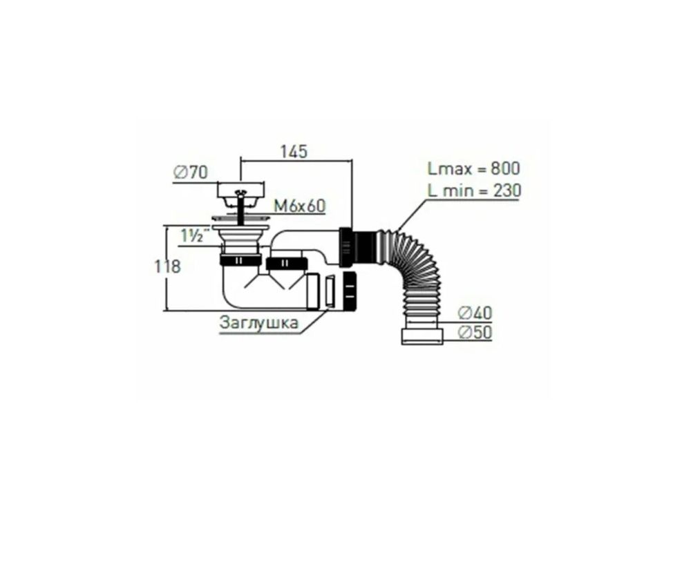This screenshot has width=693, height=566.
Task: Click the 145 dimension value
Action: pyautogui.click(x=294, y=151)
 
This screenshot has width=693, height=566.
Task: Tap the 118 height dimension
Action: pyautogui.click(x=167, y=266)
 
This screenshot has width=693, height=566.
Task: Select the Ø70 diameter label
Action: pyautogui.click(x=191, y=172)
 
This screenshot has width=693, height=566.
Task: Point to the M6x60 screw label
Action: pyautogui.click(x=300, y=206)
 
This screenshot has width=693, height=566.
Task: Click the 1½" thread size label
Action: pyautogui.click(x=191, y=236)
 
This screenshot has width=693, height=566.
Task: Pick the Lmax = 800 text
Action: pyautogui.click(x=474, y=168)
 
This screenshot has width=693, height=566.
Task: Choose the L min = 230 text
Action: pyautogui.click(x=474, y=191)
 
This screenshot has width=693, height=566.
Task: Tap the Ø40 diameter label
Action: pyautogui.click(x=475, y=313)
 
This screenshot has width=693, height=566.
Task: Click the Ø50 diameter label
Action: pyautogui.click(x=475, y=332)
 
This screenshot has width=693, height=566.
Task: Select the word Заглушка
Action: pyautogui.click(x=259, y=323)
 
